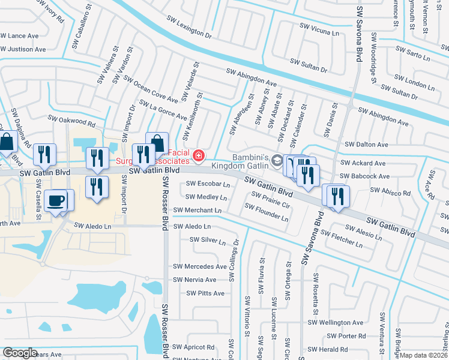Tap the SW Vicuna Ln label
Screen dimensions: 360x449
[x=322, y=30]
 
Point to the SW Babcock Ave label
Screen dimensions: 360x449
[x=365, y=176]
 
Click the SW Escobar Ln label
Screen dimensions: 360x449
[x=208, y=184]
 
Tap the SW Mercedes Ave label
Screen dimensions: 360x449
[x=200, y=266]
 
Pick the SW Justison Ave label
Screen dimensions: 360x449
[x=23, y=49]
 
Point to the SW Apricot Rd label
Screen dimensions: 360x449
[x=193, y=347]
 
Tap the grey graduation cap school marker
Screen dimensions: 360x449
[x=277, y=159]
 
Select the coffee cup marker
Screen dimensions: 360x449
[x=56, y=200]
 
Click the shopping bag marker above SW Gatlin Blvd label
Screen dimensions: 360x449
[x=157, y=143]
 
